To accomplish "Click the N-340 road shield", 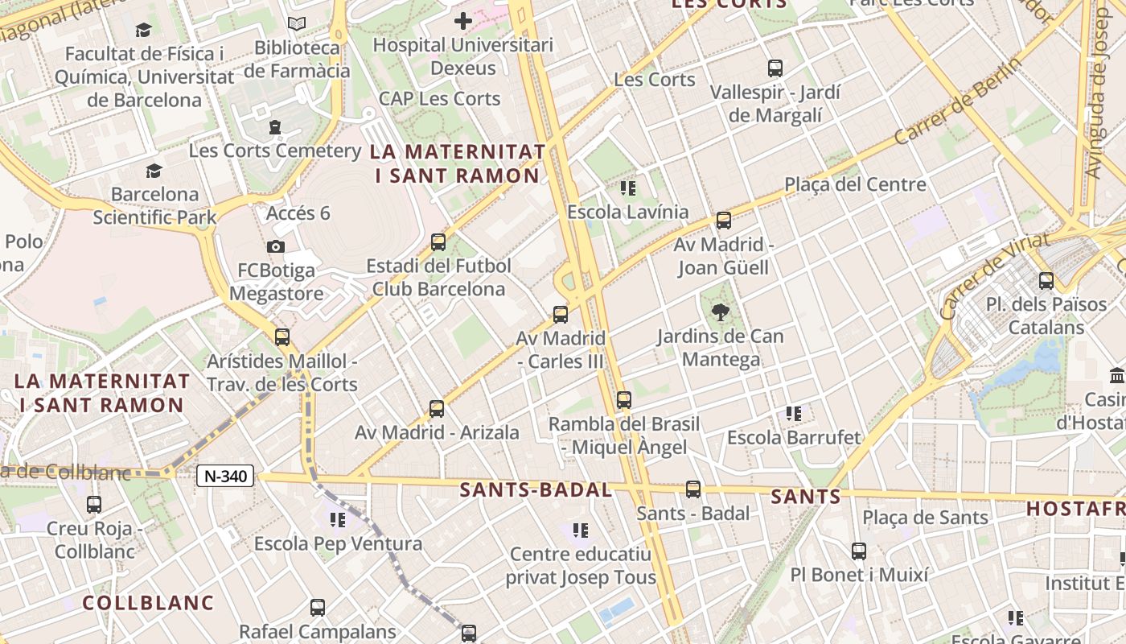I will pos(225,476).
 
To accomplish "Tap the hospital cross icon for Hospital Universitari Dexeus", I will pos(463,20).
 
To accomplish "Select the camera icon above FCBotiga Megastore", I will pos(276,246).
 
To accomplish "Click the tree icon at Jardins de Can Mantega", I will pos(720,312).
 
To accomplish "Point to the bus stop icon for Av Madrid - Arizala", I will pos(437,409).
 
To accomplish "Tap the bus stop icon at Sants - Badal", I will pos(692,489).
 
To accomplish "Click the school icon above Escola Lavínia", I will pos(628,188).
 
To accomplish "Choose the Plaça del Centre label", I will pos(855,184).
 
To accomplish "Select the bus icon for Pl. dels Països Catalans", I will pos(1046,281).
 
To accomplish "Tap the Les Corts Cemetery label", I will pos(275,151).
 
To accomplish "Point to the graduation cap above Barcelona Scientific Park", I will pos(154,171).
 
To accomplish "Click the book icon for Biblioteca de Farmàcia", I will pos(297,24).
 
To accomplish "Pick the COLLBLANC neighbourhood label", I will pos(148,602).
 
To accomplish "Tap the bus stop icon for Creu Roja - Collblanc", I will pos(94,505).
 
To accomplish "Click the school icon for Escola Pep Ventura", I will pos(337,520).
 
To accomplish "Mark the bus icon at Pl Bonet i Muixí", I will pos(859,551).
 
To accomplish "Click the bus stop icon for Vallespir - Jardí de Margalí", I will pos(775,68).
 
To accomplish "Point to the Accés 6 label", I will pos(298,213).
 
